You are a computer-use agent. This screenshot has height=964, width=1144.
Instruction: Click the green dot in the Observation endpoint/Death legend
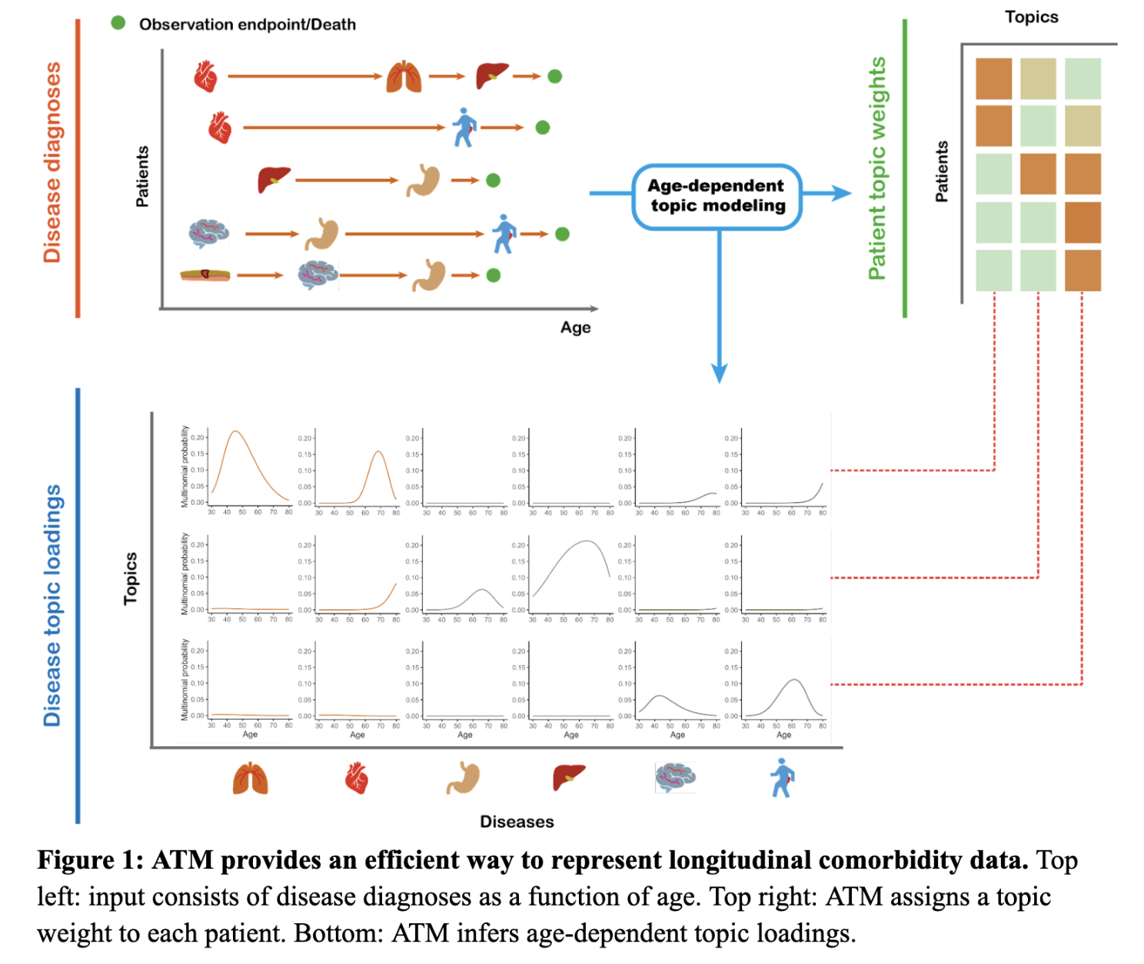[x=118, y=23]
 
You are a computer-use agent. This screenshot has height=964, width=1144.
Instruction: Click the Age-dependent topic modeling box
[x=717, y=196]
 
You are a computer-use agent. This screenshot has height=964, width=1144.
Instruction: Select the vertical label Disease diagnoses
[x=52, y=162]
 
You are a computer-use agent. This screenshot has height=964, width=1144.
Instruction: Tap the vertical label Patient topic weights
[x=876, y=168]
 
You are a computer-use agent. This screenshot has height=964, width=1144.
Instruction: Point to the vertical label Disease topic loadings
[x=52, y=606]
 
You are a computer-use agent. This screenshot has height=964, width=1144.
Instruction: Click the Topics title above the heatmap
[x=1031, y=17]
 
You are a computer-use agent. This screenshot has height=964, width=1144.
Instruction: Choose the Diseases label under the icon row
[x=517, y=822]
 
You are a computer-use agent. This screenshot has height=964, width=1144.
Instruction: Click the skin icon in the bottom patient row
[x=205, y=274]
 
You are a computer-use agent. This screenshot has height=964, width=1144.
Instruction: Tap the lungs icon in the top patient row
[x=404, y=76]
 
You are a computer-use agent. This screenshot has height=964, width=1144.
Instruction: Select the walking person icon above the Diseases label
[x=782, y=777]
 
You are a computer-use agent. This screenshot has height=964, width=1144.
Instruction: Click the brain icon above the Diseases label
[x=675, y=777]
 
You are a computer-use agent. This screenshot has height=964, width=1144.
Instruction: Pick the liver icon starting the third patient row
[x=274, y=180]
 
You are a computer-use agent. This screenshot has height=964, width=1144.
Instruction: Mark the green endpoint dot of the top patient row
[x=554, y=76]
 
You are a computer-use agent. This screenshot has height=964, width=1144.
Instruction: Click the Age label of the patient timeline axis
[x=575, y=327]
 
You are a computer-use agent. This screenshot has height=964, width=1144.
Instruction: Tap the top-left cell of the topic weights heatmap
[x=993, y=78]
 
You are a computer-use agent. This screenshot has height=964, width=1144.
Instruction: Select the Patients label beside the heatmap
[x=942, y=171]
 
